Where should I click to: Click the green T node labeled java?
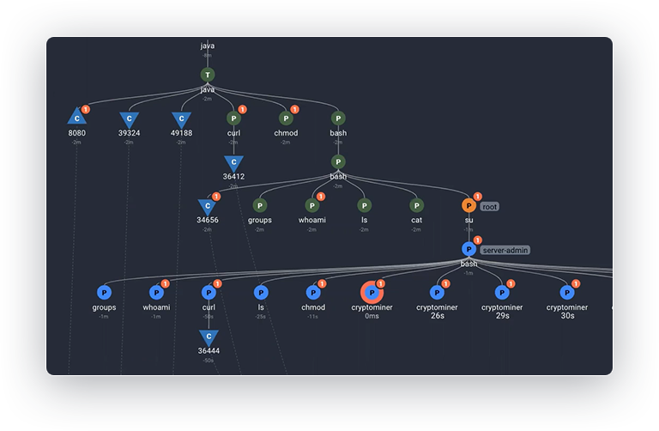click(207, 76)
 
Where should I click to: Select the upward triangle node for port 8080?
click(76, 118)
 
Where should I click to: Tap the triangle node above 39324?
click(129, 119)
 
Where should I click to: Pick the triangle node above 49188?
click(181, 119)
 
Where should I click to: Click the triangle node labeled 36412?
click(233, 162)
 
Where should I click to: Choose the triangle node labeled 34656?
click(207, 206)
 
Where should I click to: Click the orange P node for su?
click(469, 206)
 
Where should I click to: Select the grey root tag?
click(489, 207)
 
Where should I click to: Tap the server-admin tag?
click(505, 250)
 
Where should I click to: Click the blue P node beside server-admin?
click(469, 249)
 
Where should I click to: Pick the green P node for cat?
click(416, 206)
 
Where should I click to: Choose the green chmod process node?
click(286, 118)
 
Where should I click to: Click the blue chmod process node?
click(312, 293)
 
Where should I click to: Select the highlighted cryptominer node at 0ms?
click(372, 293)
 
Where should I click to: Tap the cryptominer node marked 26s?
click(437, 293)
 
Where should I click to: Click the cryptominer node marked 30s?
click(567, 293)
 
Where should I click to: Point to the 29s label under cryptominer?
click(502, 316)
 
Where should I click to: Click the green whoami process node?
click(312, 206)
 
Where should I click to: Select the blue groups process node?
click(104, 293)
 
